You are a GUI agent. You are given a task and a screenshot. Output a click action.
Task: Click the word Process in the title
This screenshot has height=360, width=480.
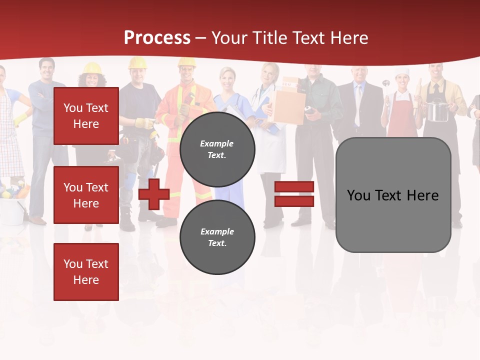point(157,38)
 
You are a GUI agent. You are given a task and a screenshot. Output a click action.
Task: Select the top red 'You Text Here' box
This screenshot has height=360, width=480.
point(86,116)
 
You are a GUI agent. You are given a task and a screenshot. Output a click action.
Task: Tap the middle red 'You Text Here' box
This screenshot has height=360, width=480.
point(86,195)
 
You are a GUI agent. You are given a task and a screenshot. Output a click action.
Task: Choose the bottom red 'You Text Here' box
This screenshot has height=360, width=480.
point(86,272)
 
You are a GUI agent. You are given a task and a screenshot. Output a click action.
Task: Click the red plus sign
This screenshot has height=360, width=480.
point(154,194)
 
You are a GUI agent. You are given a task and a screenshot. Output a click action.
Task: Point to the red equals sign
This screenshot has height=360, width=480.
point(294,194)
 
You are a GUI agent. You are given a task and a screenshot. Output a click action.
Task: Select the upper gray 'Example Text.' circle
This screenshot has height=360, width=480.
point(217,149)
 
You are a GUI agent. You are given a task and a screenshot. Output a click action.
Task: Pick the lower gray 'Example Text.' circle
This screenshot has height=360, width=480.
point(217,237)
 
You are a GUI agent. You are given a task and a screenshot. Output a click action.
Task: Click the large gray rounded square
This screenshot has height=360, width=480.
point(393,195)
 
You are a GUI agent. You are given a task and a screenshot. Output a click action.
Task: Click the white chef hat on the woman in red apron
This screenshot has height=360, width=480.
point(402,72)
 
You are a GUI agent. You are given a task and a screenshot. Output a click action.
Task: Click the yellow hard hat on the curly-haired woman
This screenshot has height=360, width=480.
point(92,68)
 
